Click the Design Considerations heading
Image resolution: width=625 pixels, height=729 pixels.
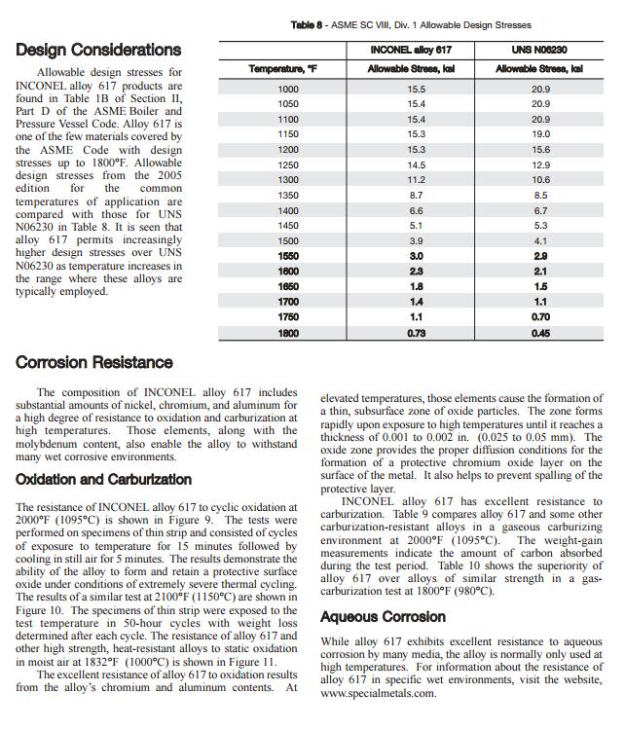(98, 50)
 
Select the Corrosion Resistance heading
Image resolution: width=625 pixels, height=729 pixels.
(94, 362)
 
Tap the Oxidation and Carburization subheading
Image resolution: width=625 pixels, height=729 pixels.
(103, 479)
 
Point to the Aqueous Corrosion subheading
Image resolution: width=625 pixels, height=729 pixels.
(383, 616)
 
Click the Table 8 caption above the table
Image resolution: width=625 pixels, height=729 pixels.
(411, 24)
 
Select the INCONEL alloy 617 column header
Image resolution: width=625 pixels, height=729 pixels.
(417, 49)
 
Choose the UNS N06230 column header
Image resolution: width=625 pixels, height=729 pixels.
(540, 49)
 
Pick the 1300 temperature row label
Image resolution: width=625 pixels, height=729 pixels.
(288, 180)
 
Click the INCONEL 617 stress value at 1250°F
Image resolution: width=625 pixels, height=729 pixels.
(417, 164)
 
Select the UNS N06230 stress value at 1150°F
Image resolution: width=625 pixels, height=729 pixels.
(540, 134)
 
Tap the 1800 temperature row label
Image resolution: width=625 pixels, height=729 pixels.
(288, 333)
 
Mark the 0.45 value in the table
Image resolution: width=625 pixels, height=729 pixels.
(540, 333)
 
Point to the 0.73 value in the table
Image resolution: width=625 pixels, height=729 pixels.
(417, 333)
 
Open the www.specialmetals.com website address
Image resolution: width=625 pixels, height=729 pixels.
(375, 694)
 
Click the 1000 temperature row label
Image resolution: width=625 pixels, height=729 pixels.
(288, 89)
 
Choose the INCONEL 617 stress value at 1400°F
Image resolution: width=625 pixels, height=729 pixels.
(417, 210)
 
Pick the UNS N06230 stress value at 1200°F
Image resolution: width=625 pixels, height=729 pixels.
(540, 150)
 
